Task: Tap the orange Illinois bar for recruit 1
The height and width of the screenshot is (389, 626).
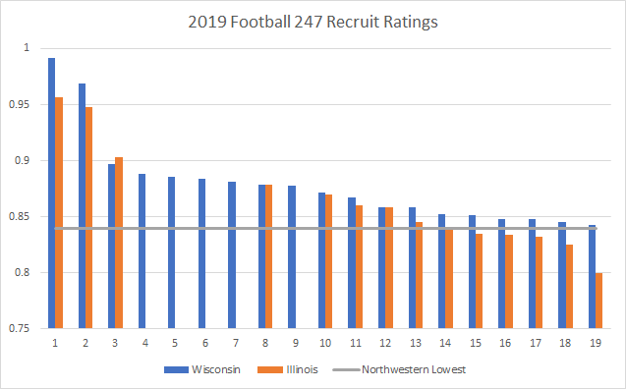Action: click(59, 212)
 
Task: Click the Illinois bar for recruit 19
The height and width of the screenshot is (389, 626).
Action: click(598, 300)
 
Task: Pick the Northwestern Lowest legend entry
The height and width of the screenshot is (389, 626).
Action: click(402, 370)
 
